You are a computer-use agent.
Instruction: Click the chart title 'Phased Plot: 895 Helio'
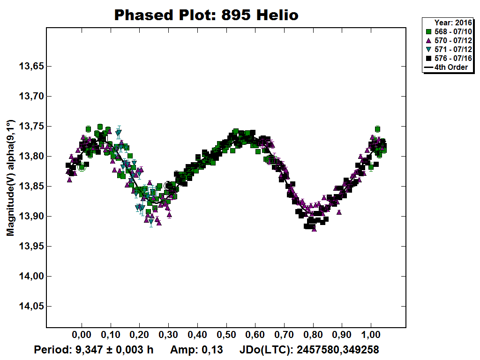[206, 15]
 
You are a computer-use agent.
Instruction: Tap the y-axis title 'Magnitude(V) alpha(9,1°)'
[11, 179]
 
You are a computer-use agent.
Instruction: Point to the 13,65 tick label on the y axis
[31, 67]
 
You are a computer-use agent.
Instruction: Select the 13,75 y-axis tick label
[31, 127]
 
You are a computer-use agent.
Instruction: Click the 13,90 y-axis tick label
[31, 217]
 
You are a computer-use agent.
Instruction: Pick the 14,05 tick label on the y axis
[31, 307]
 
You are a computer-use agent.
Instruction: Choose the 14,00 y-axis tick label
[31, 277]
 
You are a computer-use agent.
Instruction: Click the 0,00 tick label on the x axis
[82, 337]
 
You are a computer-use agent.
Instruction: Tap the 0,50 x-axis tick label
[226, 337]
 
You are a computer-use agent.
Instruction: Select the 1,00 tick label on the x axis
[371, 337]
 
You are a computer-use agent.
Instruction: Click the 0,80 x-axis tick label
[313, 337]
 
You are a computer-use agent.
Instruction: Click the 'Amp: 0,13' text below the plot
[196, 350]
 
